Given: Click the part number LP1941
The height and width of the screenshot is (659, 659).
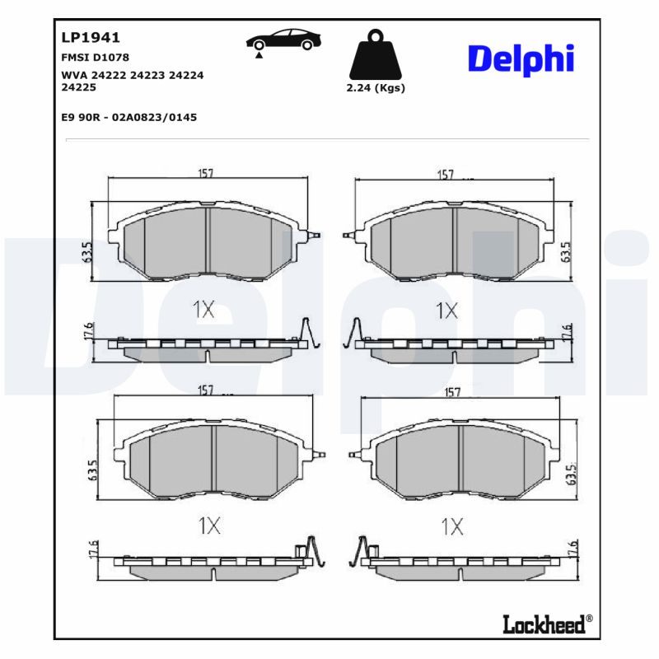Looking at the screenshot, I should (91, 37).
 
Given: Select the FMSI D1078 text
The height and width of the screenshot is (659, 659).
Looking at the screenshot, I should (96, 58).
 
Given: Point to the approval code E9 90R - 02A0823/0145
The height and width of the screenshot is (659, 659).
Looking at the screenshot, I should (129, 117).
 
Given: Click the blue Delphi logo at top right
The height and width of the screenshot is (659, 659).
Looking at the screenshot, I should (521, 59).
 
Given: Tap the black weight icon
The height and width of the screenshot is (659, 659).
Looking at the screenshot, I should (376, 54).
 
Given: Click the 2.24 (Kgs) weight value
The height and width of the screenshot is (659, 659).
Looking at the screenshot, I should (376, 88).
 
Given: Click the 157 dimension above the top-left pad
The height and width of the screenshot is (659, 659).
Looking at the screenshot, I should (206, 173).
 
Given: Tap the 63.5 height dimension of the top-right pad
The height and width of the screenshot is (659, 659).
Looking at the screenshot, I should (566, 251).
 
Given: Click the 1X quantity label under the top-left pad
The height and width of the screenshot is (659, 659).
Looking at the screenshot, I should (203, 310).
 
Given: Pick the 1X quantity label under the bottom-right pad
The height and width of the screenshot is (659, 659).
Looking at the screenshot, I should (453, 526).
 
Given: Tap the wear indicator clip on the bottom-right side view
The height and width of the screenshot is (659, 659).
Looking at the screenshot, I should (361, 549).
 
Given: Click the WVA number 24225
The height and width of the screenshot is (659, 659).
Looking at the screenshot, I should (79, 86).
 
